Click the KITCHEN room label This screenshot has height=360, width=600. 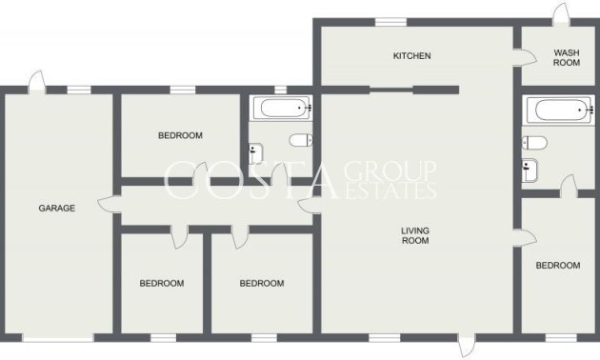pos(412,56)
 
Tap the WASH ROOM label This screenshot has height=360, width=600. pos(567,57)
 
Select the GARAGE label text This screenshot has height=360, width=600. pos(56,208)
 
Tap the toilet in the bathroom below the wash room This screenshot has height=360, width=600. pos(534,143)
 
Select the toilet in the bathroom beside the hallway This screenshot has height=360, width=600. pos(301,141)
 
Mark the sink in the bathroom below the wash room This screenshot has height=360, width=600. pos(530,170)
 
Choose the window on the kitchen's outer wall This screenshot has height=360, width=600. pos(389,22)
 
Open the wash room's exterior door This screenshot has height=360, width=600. pos(561,13)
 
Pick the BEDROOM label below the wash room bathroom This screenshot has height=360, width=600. pos(557,266)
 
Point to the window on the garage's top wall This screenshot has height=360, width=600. pos(79,90)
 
